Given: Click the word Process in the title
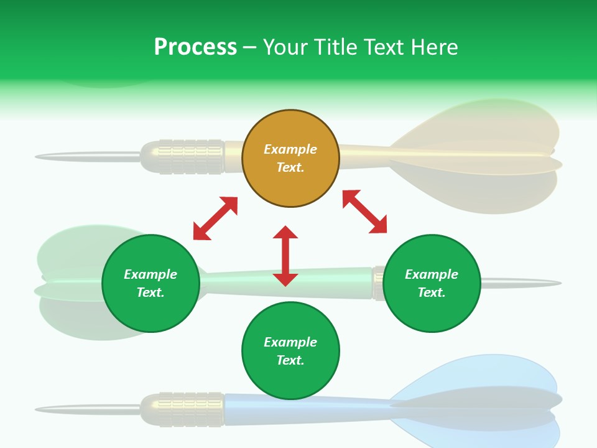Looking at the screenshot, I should (x=195, y=47).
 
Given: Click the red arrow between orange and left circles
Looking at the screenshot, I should (x=215, y=218).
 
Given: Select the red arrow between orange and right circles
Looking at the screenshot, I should (x=365, y=212).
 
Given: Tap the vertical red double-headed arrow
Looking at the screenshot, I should (x=285, y=256).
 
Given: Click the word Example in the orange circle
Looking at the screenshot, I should (x=290, y=149).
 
